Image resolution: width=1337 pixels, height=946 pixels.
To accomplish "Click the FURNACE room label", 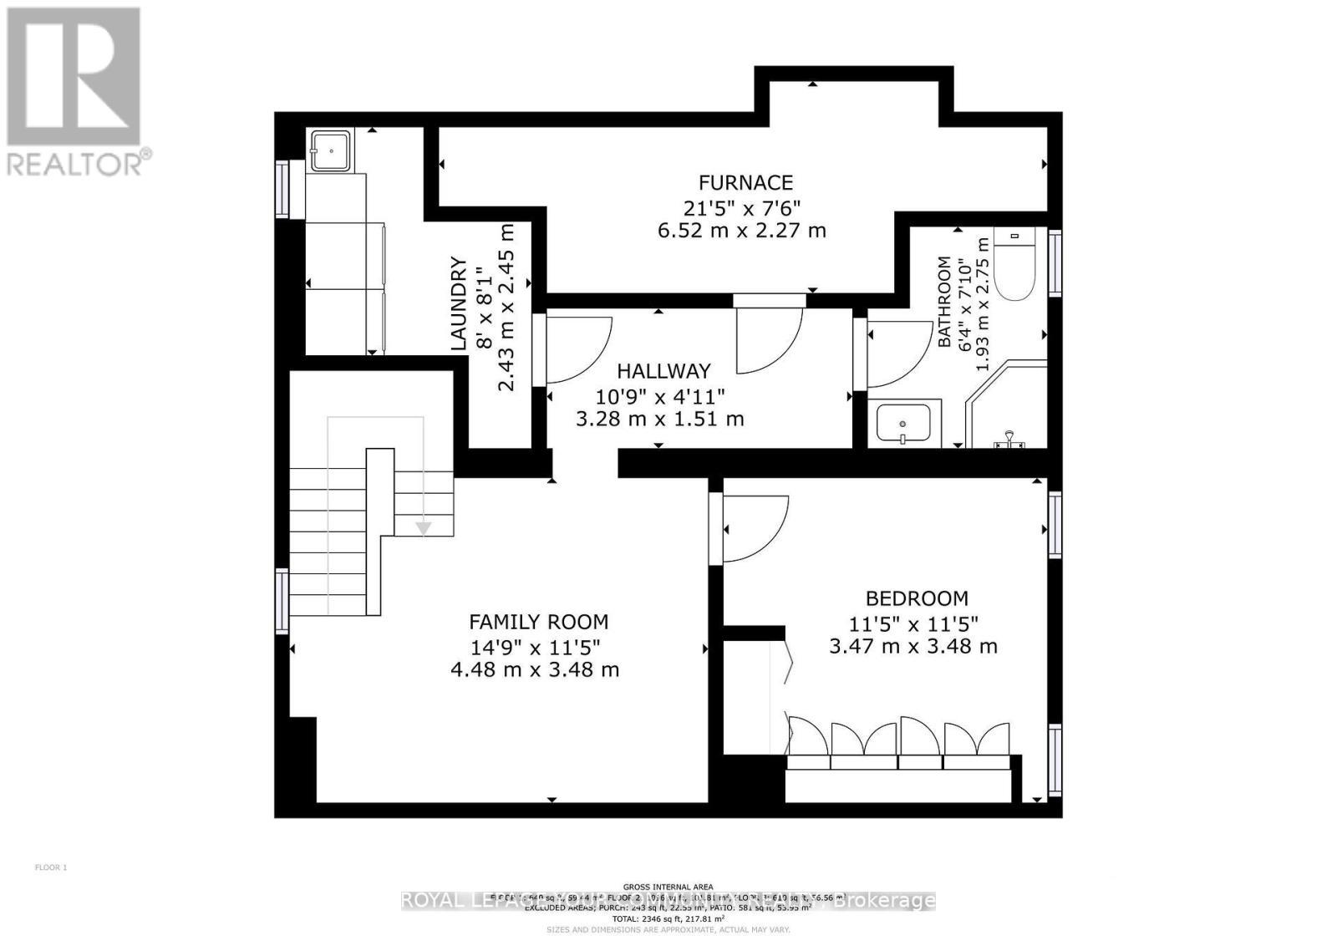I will coord(745,182).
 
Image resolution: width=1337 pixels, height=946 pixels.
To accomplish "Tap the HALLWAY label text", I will coord(663,371).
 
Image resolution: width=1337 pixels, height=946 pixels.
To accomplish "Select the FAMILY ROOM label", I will coord(538,622).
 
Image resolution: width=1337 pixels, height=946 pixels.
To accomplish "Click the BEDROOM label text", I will coord(917,598).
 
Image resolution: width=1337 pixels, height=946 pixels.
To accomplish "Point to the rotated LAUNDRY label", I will coord(458,303).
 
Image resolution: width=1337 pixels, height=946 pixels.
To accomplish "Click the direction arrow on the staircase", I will coord(424,527).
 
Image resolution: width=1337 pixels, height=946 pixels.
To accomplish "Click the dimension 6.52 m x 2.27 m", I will coord(742,230).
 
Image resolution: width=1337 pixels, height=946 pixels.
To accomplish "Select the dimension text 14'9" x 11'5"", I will coord(535,646).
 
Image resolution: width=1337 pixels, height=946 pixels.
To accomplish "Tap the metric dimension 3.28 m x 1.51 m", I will coord(660,419).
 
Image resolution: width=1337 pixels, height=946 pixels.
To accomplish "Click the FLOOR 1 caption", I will coord(50,867).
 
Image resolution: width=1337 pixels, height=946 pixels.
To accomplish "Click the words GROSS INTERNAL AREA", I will coord(668,887).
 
